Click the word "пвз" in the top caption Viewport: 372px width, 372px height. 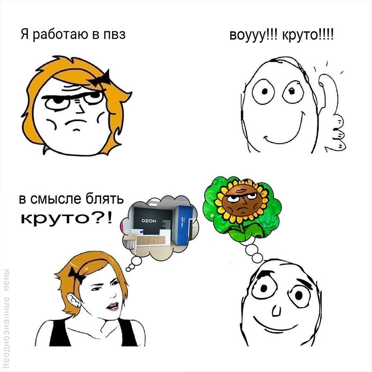click(x=114, y=34)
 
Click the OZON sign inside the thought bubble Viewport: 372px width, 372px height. click(x=149, y=221)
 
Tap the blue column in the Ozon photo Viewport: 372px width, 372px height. click(x=184, y=225)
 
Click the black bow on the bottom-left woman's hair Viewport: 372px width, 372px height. click(x=76, y=275)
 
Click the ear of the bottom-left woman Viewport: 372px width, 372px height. click(x=73, y=301)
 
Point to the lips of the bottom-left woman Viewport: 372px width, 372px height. click(x=113, y=306)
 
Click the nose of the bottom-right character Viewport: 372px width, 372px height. click(x=276, y=310)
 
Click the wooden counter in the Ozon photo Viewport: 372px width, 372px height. click(x=150, y=240)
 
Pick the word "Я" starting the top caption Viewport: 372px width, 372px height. click(x=25, y=34)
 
